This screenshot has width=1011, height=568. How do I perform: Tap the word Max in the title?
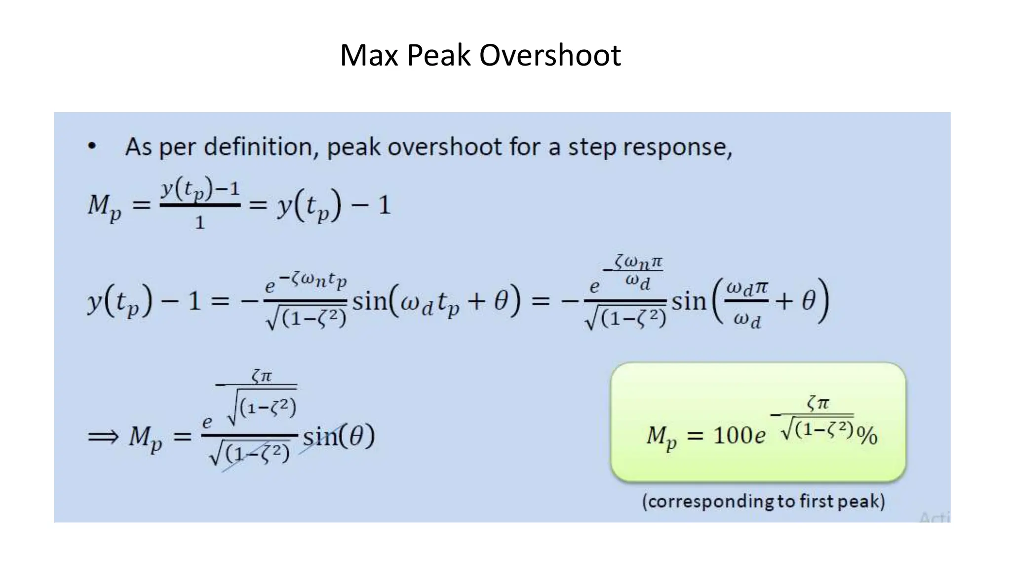pos(369,55)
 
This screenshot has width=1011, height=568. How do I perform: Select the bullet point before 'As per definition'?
pos(92,146)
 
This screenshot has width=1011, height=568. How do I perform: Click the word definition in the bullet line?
pos(261,146)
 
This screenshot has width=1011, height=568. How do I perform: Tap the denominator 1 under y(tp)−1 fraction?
pos(199,222)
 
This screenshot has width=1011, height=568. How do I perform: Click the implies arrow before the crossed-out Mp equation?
pos(103,436)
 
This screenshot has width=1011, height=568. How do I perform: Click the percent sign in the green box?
pos(867,436)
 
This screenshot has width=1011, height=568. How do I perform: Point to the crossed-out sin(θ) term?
pos(339,436)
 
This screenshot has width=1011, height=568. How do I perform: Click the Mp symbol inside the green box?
pos(661,437)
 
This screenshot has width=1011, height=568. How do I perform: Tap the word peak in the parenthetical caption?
pos(860,502)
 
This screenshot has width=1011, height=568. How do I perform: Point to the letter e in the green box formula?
pos(759,436)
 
